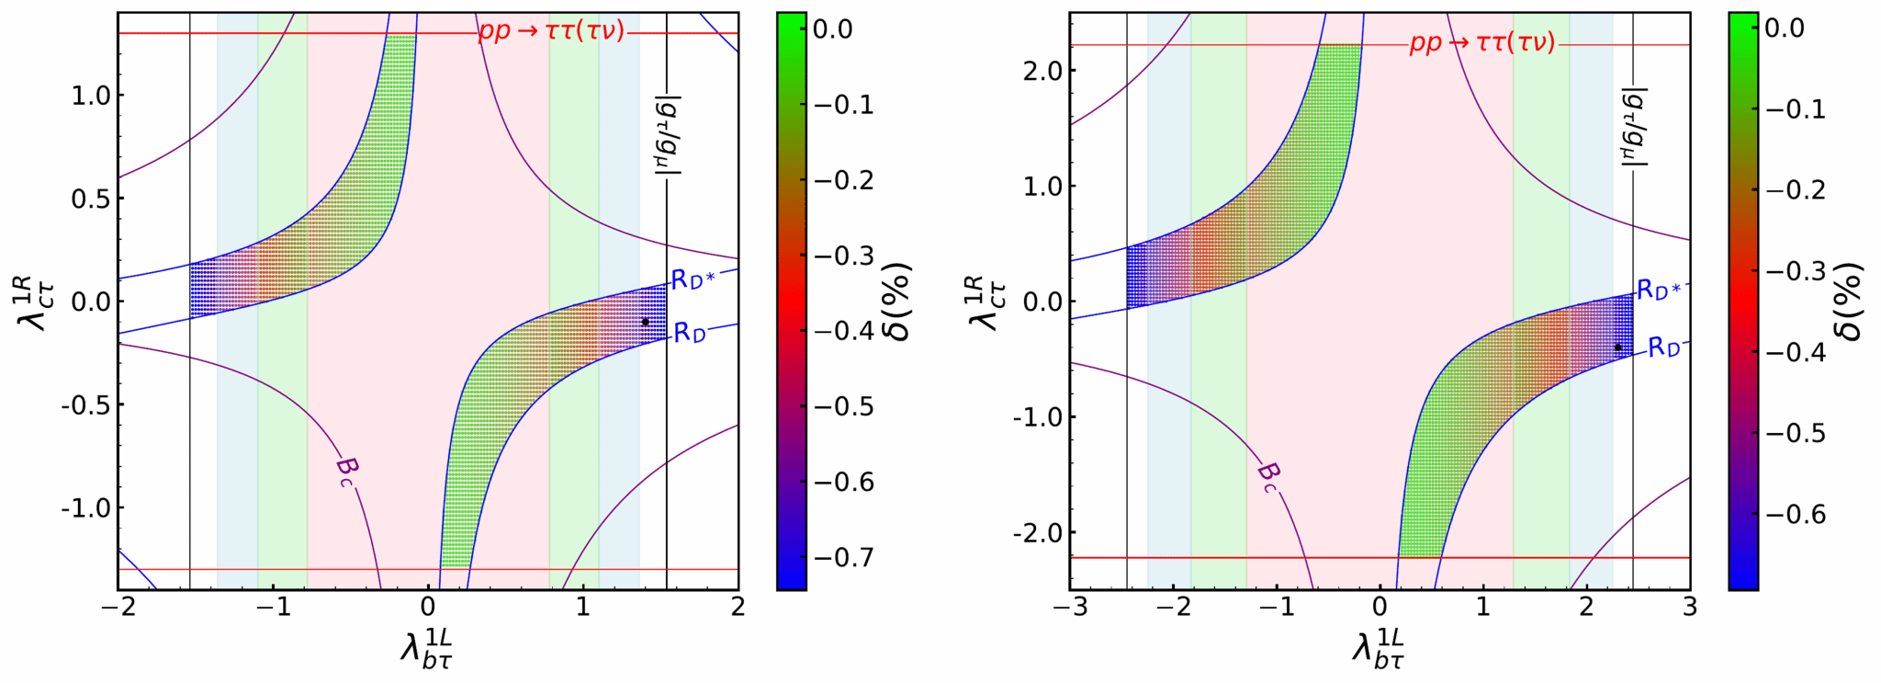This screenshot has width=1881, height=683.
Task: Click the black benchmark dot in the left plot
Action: click(645, 322)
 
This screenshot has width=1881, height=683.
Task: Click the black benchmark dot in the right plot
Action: click(1617, 347)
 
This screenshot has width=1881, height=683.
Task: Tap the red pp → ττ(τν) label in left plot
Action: click(551, 31)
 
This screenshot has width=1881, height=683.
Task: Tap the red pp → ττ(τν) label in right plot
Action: click(1482, 43)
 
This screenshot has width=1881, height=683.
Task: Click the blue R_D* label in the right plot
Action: click(1659, 290)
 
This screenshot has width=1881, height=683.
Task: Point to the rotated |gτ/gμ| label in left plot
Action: click(667, 134)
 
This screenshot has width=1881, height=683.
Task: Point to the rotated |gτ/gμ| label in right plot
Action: click(1634, 127)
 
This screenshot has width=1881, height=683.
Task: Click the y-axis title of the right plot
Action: click(985, 302)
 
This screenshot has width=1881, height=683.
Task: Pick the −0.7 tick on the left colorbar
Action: click(844, 558)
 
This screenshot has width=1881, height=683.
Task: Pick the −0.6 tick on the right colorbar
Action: click(1796, 514)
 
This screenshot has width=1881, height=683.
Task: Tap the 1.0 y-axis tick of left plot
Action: click(91, 96)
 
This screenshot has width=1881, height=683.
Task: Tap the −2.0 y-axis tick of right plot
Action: click(1035, 533)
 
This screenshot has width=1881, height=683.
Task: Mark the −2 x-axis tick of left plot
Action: click(118, 607)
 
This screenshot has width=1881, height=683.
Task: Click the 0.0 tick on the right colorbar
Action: click(1785, 28)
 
